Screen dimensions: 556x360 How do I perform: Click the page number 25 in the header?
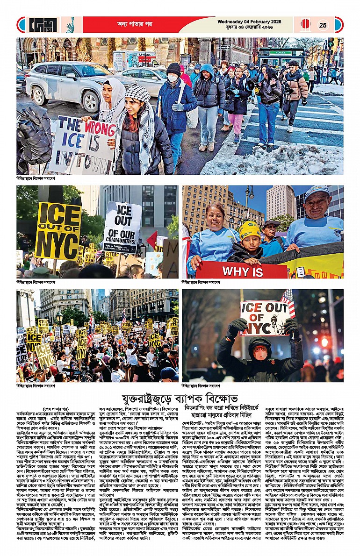(x=323, y=25)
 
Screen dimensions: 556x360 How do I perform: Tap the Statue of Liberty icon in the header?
(x=70, y=25)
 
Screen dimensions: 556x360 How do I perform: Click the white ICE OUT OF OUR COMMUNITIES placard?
(x=122, y=227)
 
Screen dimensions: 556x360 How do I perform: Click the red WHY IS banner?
(x=241, y=271)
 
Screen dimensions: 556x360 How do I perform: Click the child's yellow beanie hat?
(x=250, y=230)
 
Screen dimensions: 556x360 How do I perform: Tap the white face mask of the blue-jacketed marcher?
(x=173, y=78)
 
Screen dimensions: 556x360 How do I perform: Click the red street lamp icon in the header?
(x=305, y=25)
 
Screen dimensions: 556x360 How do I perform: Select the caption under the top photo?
(x=36, y=178)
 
